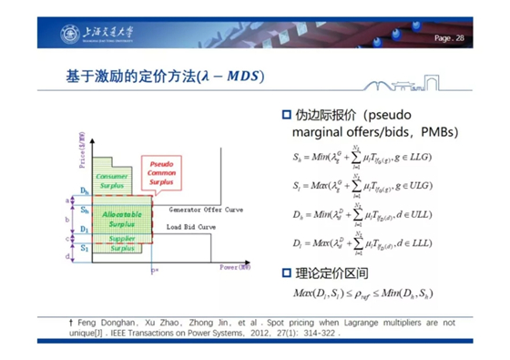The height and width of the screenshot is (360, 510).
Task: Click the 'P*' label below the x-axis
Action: point(156,272)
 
